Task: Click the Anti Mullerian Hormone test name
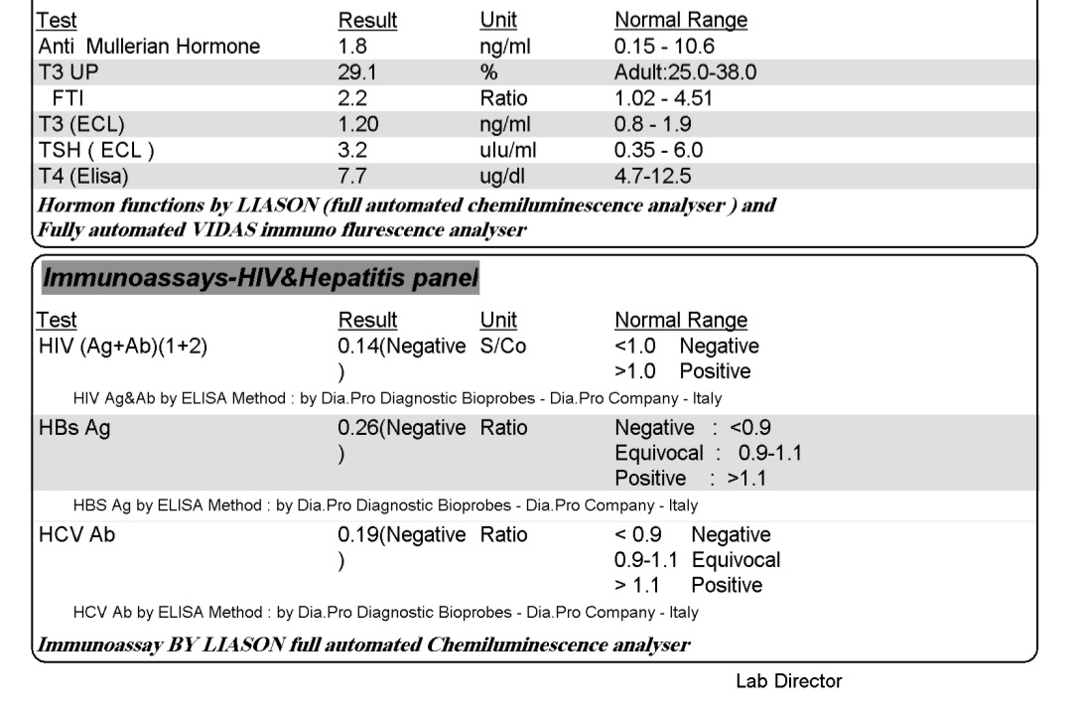149,47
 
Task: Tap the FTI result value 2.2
352,98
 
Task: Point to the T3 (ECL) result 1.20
358,125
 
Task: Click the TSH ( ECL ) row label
96,151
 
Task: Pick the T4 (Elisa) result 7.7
352,177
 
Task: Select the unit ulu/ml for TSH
507,151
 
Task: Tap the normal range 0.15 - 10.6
664,47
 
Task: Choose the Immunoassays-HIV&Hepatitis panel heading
260,280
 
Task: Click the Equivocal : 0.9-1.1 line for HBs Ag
708,454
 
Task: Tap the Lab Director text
788,681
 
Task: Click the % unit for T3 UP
488,72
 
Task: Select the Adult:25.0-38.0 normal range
688,72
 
